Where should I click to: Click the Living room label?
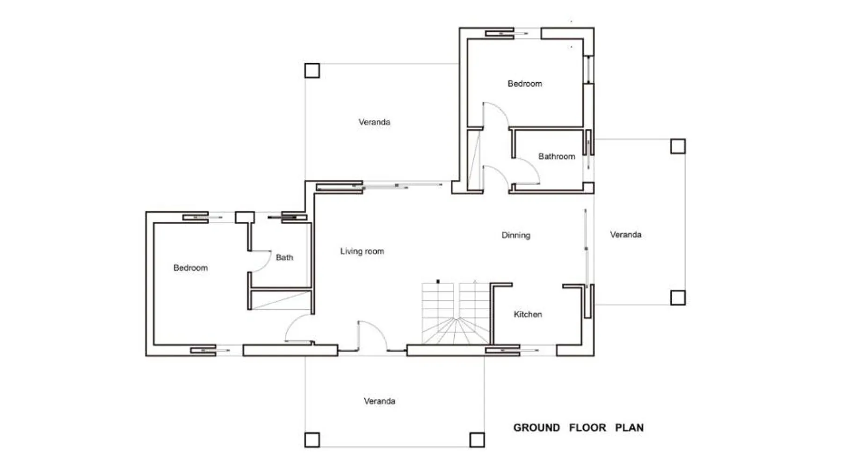(362, 251)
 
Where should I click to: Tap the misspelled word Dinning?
(516, 235)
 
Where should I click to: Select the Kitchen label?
(528, 314)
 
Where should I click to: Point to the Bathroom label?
(557, 156)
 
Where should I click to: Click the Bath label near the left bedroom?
(284, 257)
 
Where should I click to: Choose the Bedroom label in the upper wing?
(525, 84)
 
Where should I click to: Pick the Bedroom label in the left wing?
(190, 268)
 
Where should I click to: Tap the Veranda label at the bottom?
(379, 401)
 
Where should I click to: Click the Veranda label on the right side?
(625, 234)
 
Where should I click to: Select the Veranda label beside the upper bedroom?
(374, 122)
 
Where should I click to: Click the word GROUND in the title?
(537, 428)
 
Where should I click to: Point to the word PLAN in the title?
(629, 428)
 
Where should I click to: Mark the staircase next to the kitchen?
(456, 313)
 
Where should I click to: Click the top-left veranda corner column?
(312, 71)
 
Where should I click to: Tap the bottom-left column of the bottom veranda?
(312, 440)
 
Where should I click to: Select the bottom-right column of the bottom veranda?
(477, 440)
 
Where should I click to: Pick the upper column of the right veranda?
(678, 146)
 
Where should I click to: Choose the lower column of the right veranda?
(678, 298)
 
